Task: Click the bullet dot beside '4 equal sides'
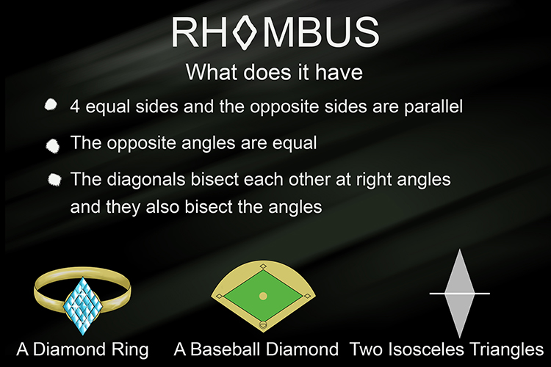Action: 51,106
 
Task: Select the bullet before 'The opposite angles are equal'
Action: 52,143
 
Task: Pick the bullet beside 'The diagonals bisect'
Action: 54,179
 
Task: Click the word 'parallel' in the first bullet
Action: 434,106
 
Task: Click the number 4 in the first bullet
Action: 75,106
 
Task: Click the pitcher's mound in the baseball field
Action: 263,296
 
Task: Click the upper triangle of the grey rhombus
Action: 459,275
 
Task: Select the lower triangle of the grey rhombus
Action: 459,312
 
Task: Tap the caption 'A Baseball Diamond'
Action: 256,348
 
